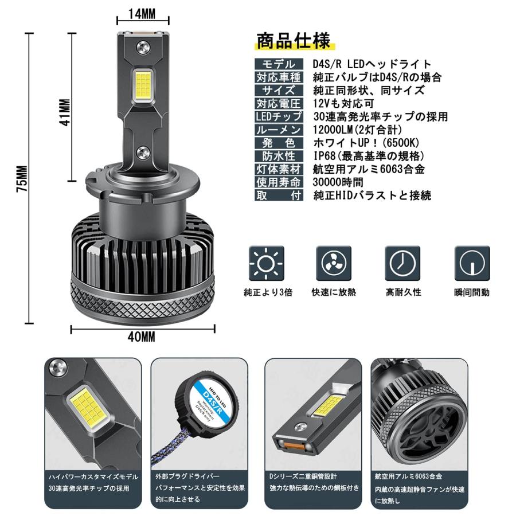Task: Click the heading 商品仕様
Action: (293, 42)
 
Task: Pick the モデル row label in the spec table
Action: (279, 64)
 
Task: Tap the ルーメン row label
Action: (279, 130)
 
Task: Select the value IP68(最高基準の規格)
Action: (369, 156)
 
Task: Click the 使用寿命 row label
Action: (279, 182)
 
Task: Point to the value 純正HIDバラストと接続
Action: (372, 196)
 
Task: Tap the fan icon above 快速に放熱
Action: (334, 263)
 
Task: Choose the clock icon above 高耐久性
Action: (402, 263)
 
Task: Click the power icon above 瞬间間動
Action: (472, 263)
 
